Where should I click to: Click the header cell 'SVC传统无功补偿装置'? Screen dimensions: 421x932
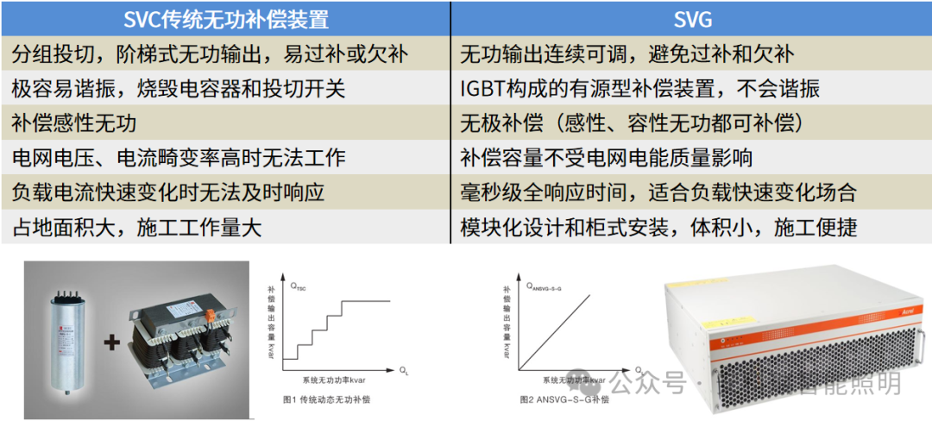tap(225, 18)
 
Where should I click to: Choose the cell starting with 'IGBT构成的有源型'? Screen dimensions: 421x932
tap(639, 89)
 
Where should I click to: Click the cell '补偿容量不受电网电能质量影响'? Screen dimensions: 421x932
tap(606, 158)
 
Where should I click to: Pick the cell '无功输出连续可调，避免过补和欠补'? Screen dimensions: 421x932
tap(627, 54)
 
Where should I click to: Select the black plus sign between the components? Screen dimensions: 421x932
tap(111, 342)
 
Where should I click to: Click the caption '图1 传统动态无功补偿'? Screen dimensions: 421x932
tap(329, 399)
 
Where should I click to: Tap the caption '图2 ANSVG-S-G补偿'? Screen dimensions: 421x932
tap(564, 400)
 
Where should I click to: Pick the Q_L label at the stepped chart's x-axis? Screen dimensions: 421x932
tap(403, 370)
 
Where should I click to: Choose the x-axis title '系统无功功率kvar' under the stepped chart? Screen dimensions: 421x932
tap(337, 381)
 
